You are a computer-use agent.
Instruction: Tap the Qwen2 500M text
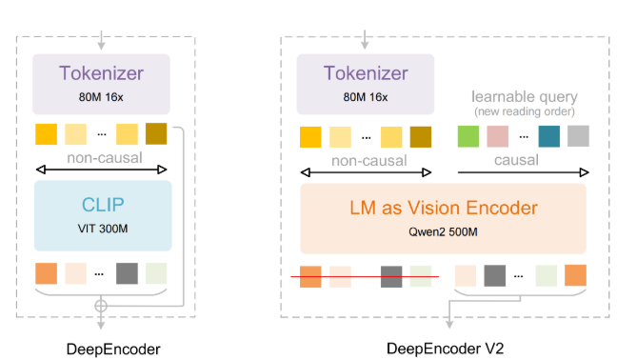pos(444,232)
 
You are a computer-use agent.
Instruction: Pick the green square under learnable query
pos(468,137)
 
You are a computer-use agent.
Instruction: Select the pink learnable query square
pos(498,137)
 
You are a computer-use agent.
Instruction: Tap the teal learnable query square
pos(548,137)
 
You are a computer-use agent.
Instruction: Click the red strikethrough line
pos(365,277)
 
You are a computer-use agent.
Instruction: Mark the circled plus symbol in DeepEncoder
pos(102,306)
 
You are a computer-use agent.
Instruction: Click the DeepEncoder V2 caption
pos(443,348)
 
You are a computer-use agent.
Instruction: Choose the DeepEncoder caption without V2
pos(102,348)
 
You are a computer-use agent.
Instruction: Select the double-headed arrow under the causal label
pos(523,172)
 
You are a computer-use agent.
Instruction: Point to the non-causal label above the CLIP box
pos(102,155)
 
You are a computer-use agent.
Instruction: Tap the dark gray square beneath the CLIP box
pos(128,272)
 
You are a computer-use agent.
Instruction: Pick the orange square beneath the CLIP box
pos(46,272)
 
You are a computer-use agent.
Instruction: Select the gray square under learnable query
pos(578,137)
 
